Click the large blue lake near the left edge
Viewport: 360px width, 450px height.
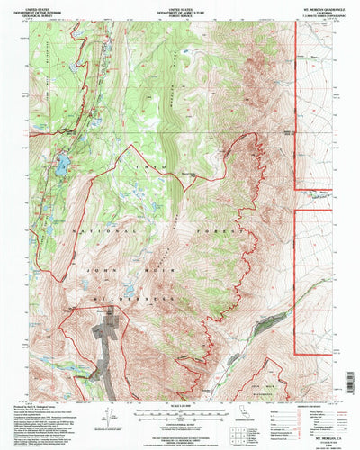click(x=62, y=165)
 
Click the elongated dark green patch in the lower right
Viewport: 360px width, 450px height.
click(x=268, y=320)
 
